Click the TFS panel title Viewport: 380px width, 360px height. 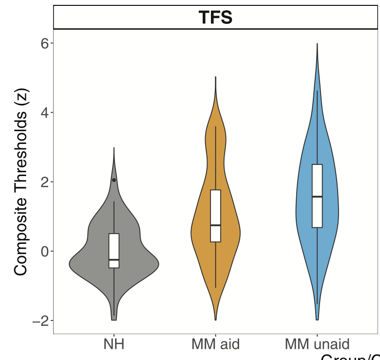point(215,18)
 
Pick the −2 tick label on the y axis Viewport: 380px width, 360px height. point(41,321)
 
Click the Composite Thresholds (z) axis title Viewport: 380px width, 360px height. point(21,181)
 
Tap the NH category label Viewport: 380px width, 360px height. point(114,344)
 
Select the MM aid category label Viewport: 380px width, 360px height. point(215,344)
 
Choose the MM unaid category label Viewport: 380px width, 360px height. point(317,344)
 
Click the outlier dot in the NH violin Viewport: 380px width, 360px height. point(114,180)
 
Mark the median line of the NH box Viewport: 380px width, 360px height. point(114,260)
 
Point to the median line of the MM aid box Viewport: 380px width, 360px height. point(215,225)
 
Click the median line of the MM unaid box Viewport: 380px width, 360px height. point(317,197)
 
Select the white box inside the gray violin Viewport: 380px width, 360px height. point(114,246)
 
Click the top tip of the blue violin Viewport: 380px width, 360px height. point(317,44)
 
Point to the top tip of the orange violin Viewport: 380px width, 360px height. point(215,77)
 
